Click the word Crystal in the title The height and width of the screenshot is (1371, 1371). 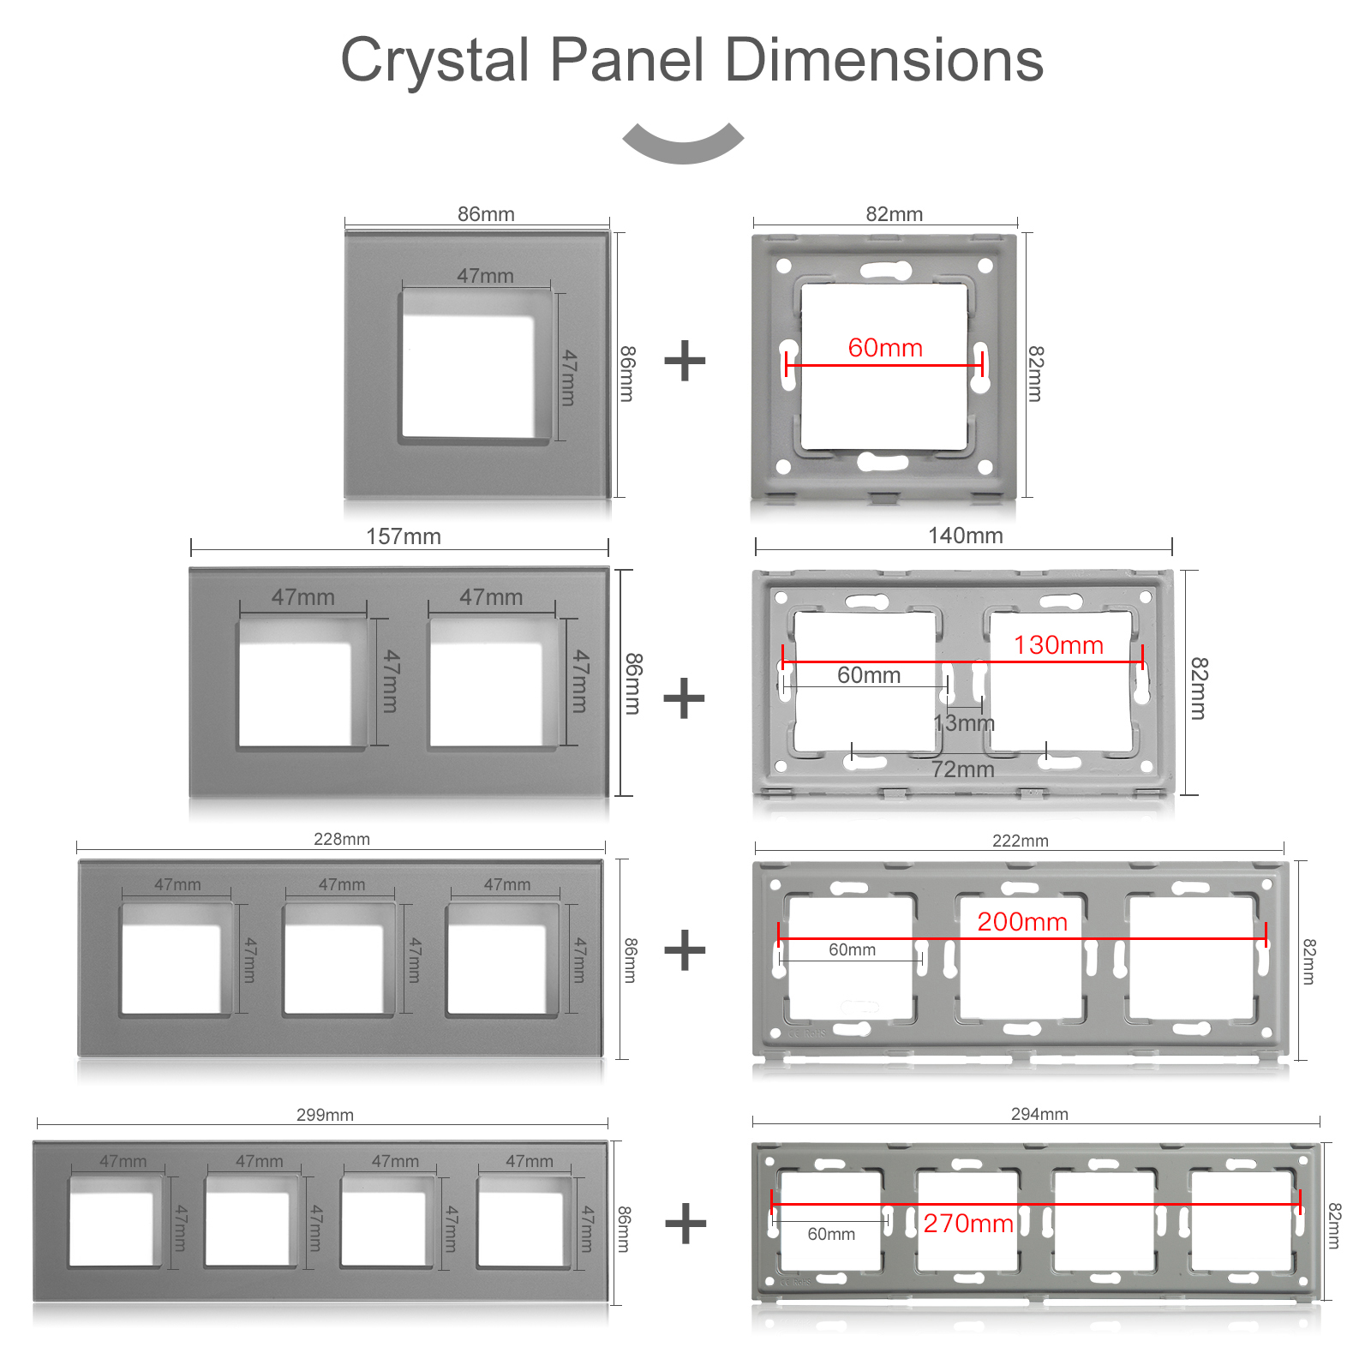435,61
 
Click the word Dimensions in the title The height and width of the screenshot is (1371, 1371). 883,60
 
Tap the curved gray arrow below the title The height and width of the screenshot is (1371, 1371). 683,143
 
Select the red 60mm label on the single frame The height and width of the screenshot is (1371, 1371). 885,348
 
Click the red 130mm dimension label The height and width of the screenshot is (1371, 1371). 1058,645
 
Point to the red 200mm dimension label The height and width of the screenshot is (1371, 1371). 1022,922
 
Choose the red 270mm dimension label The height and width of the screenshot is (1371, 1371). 968,1224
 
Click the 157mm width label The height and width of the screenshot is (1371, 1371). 404,536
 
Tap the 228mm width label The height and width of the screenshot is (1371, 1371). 342,839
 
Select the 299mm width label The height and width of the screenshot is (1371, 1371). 325,1115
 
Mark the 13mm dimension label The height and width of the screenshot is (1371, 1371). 964,723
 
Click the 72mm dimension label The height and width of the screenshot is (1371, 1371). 963,769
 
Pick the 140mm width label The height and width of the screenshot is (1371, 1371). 966,536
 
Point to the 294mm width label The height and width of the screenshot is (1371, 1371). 1039,1114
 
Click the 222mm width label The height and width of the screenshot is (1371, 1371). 1021,841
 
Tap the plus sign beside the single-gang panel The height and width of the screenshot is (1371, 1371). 685,361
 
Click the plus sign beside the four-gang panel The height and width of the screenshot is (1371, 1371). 685,1223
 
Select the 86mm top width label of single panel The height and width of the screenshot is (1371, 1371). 486,214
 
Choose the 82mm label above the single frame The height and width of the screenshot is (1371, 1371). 895,214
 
